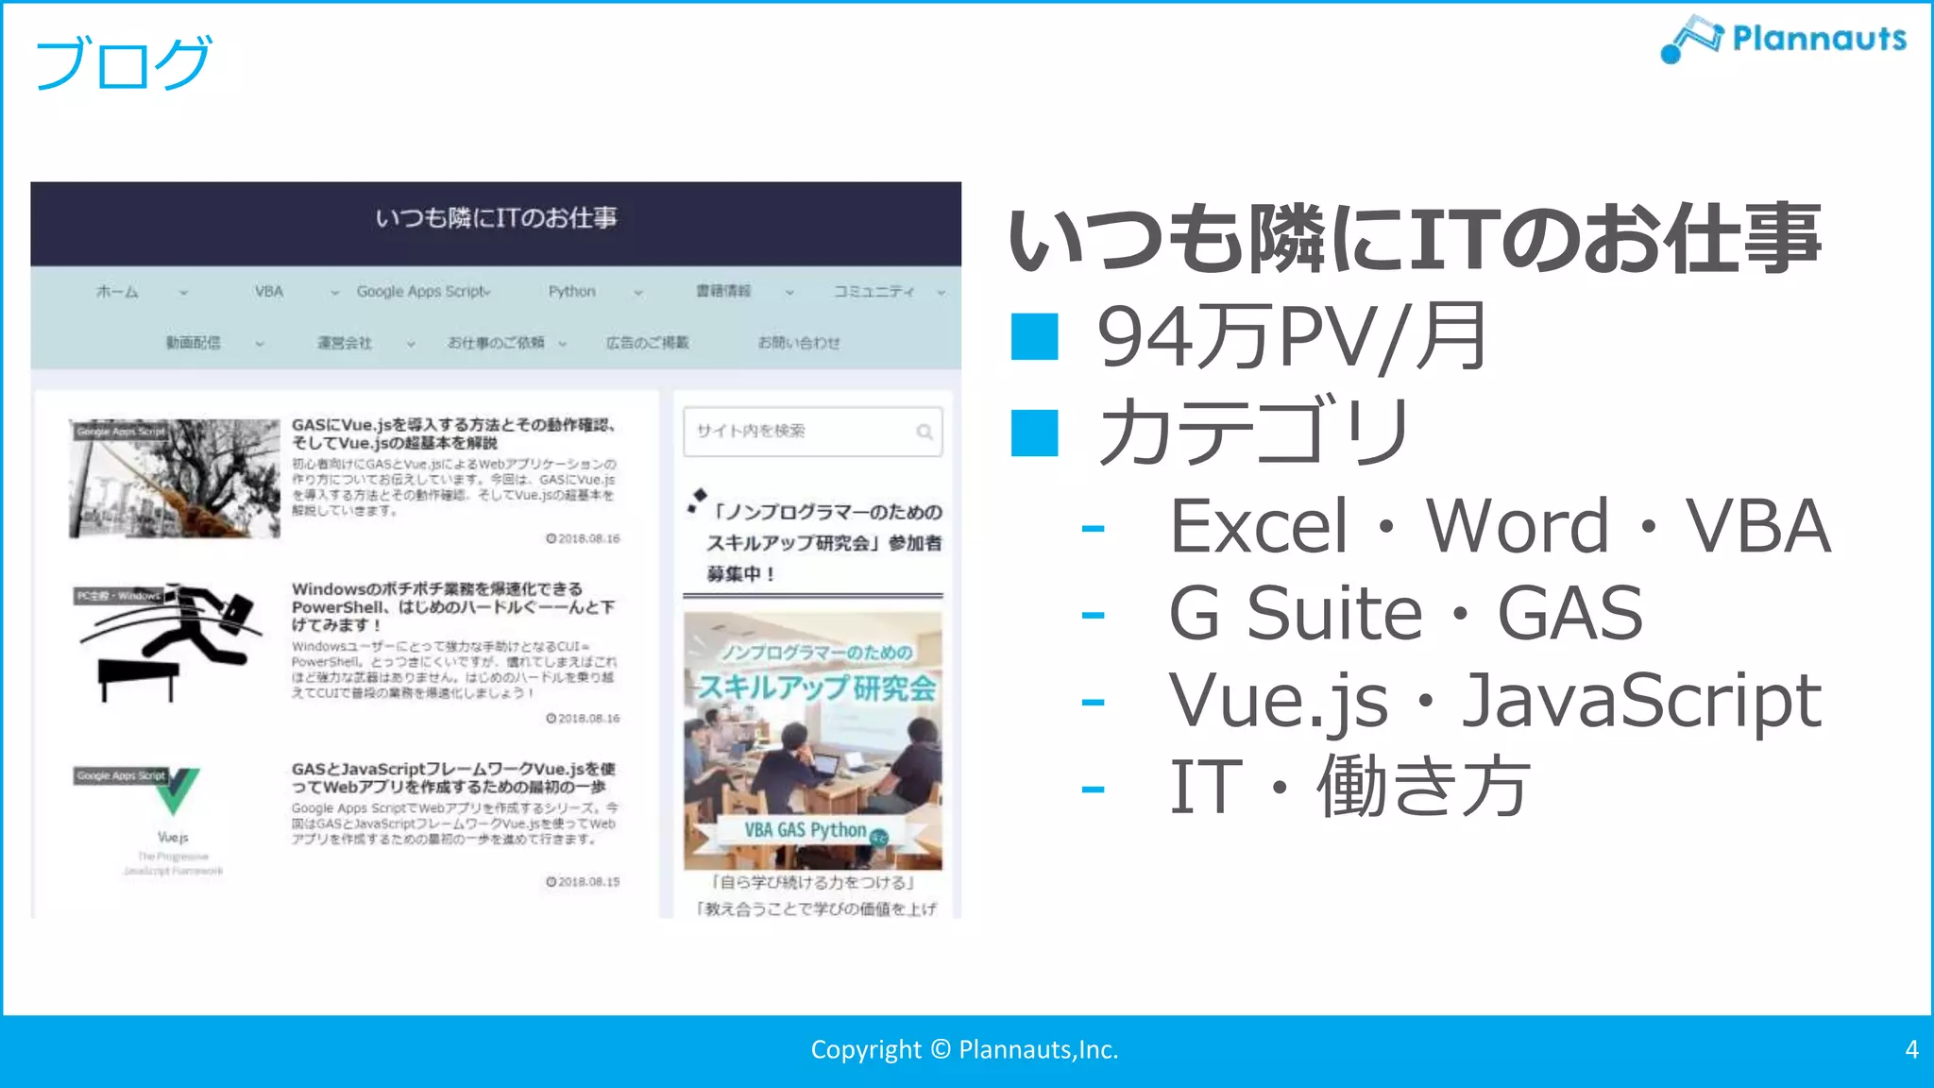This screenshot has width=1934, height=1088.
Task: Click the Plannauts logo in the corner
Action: click(x=1783, y=40)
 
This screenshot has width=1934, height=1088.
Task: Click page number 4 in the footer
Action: click(x=1911, y=1049)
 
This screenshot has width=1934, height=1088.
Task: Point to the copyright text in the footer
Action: click(x=964, y=1049)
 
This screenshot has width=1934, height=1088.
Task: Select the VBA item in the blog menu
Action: click(x=269, y=292)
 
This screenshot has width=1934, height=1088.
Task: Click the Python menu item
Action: click(x=571, y=292)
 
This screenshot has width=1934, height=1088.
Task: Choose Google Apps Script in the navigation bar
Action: click(x=422, y=292)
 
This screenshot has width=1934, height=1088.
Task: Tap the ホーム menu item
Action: click(x=117, y=292)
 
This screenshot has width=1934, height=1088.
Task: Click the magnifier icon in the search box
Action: click(x=925, y=432)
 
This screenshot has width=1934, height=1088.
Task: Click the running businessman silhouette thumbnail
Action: click(x=175, y=642)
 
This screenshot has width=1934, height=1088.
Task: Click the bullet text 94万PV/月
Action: click(x=1291, y=337)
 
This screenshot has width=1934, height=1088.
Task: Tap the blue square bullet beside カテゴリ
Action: click(x=1034, y=433)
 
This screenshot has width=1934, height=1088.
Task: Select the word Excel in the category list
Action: click(x=1259, y=526)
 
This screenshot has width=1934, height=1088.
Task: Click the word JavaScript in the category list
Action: click(x=1641, y=701)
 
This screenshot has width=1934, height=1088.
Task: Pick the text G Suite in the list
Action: click(x=1295, y=613)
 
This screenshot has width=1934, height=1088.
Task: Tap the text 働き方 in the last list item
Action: click(x=1423, y=787)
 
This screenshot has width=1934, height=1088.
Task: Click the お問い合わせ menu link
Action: click(x=798, y=343)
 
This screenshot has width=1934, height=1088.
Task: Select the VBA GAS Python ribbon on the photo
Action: click(x=806, y=830)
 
